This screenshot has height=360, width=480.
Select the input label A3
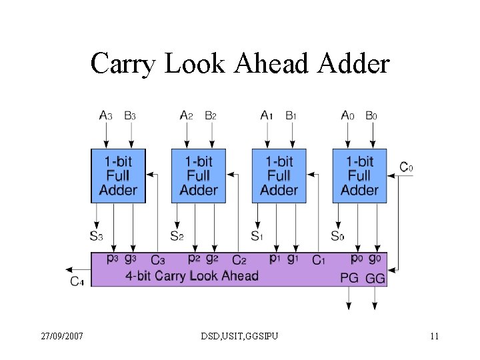pyautogui.click(x=106, y=115)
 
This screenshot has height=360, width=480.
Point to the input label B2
pyautogui.click(x=210, y=115)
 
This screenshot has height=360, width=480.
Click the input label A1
pyautogui.click(x=267, y=115)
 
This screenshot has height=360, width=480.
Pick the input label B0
pyautogui.click(x=371, y=115)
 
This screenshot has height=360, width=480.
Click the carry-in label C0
pyautogui.click(x=406, y=167)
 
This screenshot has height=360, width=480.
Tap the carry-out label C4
pyautogui.click(x=77, y=281)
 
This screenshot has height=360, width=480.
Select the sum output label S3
pyautogui.click(x=96, y=235)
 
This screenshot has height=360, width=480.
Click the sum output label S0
pyautogui.click(x=338, y=235)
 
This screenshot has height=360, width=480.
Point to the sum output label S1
pyautogui.click(x=257, y=235)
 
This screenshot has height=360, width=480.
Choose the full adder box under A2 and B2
pyautogui.click(x=199, y=176)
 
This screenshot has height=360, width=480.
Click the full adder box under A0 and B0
pyautogui.click(x=359, y=176)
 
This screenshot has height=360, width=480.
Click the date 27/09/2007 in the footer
pyautogui.click(x=61, y=336)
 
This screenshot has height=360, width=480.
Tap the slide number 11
pyautogui.click(x=434, y=336)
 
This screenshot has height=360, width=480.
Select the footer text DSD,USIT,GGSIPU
pyautogui.click(x=239, y=336)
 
